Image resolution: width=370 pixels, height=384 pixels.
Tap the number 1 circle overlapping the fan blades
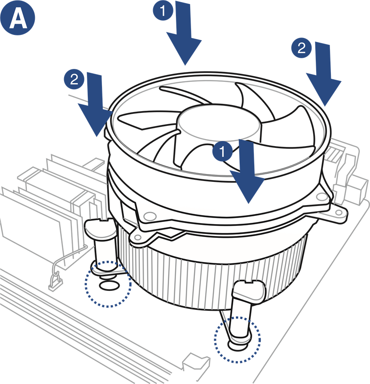222,151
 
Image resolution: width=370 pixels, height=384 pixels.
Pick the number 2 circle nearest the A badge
74,79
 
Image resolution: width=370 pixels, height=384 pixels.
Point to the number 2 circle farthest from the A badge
301,48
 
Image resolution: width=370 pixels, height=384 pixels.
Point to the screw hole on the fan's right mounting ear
321,197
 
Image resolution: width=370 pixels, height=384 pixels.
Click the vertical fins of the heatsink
194,276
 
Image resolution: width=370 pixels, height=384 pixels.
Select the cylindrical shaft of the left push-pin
102,252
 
